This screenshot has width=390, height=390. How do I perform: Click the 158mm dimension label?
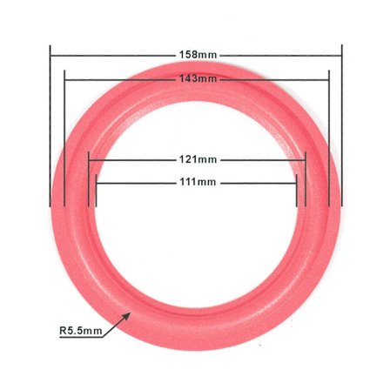[198, 55]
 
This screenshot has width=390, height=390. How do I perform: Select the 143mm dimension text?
[198, 78]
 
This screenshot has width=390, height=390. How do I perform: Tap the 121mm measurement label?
[198, 159]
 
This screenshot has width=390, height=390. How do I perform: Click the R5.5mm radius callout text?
[80, 331]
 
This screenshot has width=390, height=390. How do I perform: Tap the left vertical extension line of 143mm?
[65, 139]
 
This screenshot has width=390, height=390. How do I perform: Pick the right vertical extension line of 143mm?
[329, 139]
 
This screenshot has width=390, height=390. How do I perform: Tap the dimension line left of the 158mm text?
[113, 55]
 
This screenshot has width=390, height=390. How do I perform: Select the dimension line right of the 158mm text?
[279, 55]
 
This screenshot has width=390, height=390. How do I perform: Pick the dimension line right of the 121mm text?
[261, 159]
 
